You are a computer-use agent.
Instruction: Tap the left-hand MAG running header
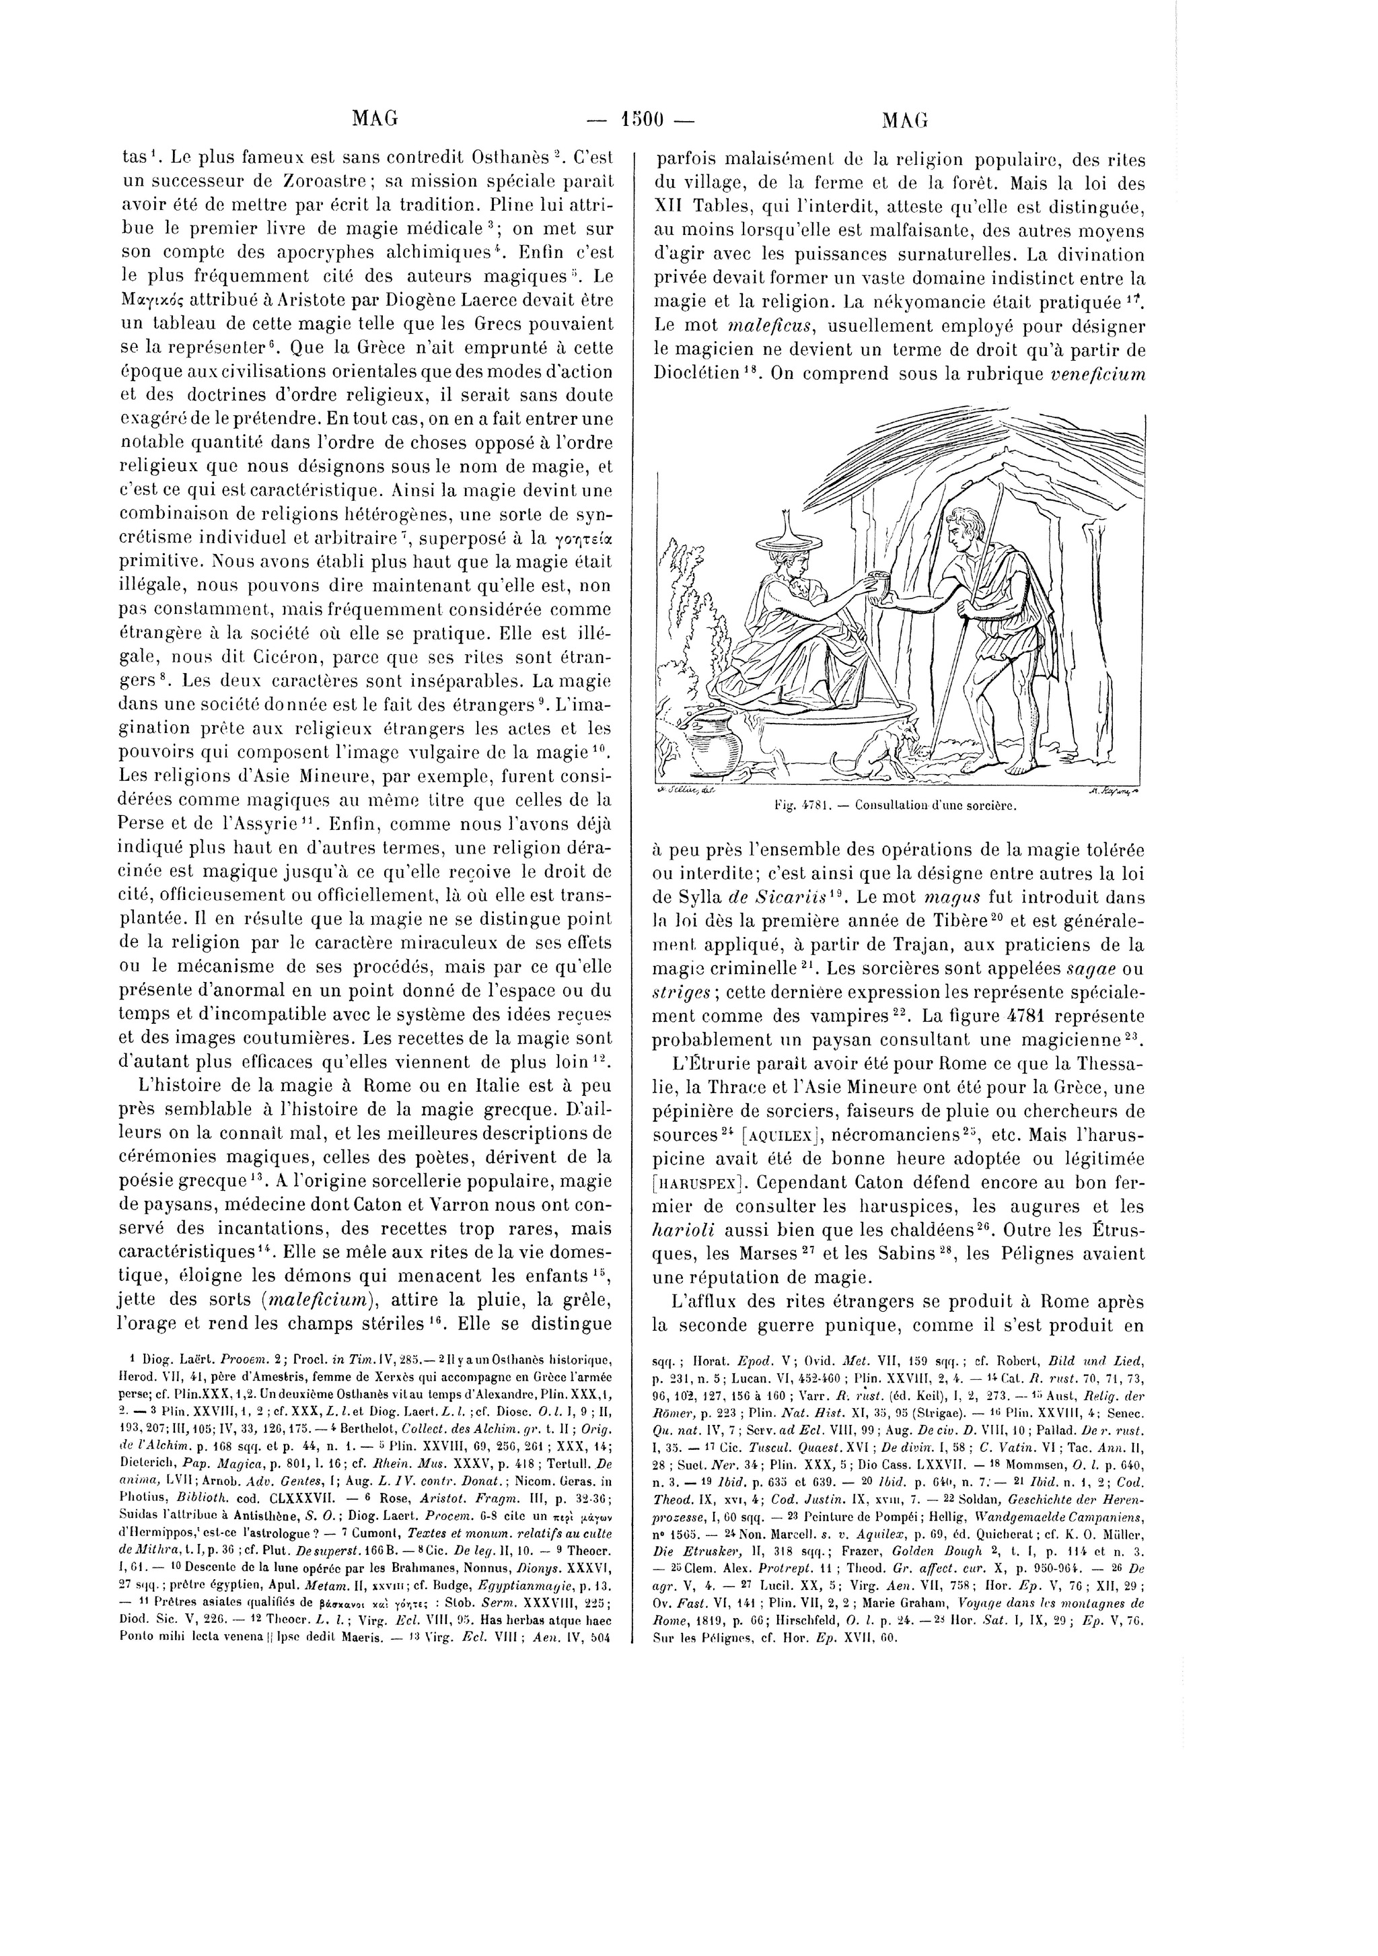(375, 119)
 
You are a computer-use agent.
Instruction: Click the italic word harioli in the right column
(685, 1231)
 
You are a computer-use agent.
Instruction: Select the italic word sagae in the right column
(1083, 969)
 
